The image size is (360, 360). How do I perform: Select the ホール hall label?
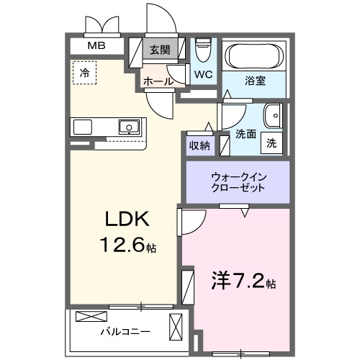pyautogui.click(x=158, y=81)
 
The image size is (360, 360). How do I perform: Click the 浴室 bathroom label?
pyautogui.click(x=255, y=81)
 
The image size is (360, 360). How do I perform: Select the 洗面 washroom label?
pyautogui.click(x=246, y=134)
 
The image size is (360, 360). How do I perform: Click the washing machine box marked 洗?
pyautogui.click(x=271, y=142)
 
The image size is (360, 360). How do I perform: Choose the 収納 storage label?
pyautogui.click(x=199, y=145)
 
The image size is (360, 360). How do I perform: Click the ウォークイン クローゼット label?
pyautogui.click(x=238, y=181)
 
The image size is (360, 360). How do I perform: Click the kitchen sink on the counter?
pyautogui.click(x=129, y=127)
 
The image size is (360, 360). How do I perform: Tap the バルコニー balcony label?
pyautogui.click(x=125, y=332)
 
